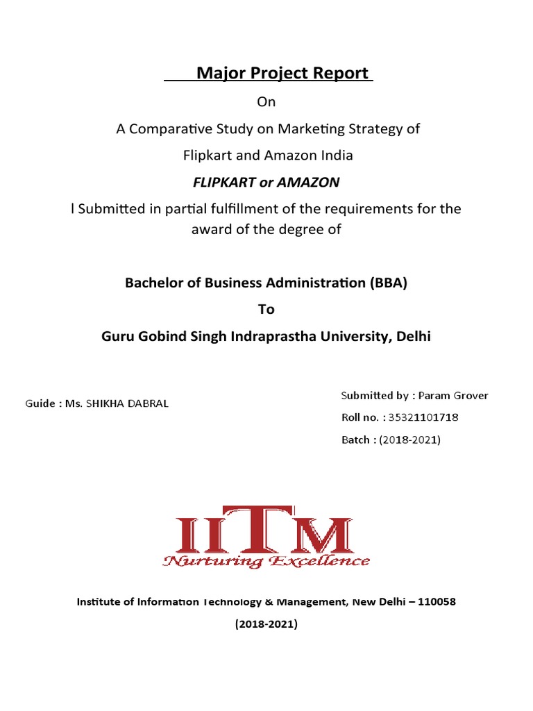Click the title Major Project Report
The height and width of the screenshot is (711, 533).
(x=282, y=73)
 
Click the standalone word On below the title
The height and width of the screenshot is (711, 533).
(x=266, y=102)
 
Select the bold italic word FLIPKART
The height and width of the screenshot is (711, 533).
(x=223, y=183)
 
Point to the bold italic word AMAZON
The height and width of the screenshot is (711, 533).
(x=308, y=183)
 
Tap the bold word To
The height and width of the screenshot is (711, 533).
(x=266, y=310)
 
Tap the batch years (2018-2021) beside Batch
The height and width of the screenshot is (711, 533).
(x=410, y=440)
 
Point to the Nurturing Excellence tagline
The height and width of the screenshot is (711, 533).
(x=266, y=561)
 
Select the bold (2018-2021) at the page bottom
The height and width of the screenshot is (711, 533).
(x=266, y=624)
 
